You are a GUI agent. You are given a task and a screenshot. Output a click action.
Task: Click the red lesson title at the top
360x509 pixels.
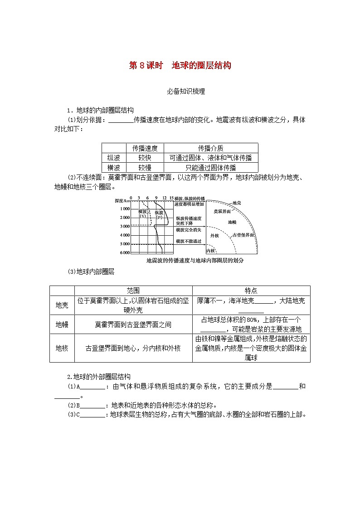[x=180, y=65]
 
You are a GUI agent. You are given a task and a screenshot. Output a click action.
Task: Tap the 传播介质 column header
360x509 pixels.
[x=210, y=148]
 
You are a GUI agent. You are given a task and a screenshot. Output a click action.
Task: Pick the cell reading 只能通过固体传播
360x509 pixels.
[x=210, y=167]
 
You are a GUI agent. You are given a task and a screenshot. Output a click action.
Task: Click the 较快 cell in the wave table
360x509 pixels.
[x=145, y=158]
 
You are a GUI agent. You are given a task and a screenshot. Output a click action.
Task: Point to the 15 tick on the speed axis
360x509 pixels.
[x=171, y=198]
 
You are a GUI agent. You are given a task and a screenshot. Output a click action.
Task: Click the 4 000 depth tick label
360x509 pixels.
[x=124, y=235]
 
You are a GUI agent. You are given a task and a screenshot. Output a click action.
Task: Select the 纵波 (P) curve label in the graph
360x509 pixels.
[x=159, y=214]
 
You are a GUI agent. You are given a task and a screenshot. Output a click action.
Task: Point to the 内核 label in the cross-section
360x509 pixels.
[x=210, y=251]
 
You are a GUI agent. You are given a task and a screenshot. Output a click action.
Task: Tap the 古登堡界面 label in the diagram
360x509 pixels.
[x=242, y=235]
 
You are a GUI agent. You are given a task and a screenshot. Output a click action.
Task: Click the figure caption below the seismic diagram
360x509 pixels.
[x=185, y=261]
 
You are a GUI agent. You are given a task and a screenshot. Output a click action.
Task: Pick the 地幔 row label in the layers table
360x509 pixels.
[x=62, y=325]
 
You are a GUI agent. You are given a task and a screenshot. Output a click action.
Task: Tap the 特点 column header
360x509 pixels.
[x=251, y=291]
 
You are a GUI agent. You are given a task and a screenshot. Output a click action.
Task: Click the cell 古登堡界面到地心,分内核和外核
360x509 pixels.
[x=133, y=348]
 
